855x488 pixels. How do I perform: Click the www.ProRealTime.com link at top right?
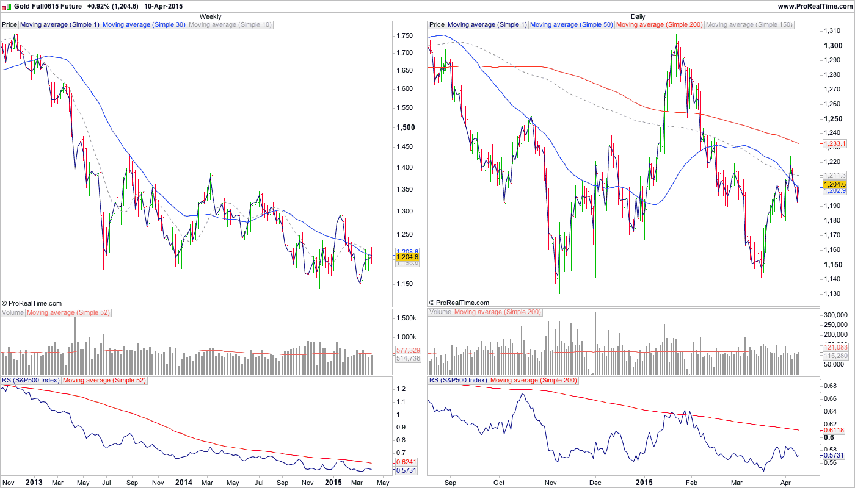815,6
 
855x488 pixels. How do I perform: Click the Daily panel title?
638,16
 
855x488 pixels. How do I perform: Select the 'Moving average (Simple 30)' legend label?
144,25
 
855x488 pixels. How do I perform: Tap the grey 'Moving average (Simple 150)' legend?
749,25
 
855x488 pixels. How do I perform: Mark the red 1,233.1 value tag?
835,144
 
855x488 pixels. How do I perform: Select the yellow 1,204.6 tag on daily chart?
835,184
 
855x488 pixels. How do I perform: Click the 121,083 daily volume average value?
835,347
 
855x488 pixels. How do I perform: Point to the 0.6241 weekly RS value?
407,462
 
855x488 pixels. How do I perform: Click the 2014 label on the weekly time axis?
184,483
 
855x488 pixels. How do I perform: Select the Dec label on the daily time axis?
596,483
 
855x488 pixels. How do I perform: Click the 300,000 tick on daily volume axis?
837,315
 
